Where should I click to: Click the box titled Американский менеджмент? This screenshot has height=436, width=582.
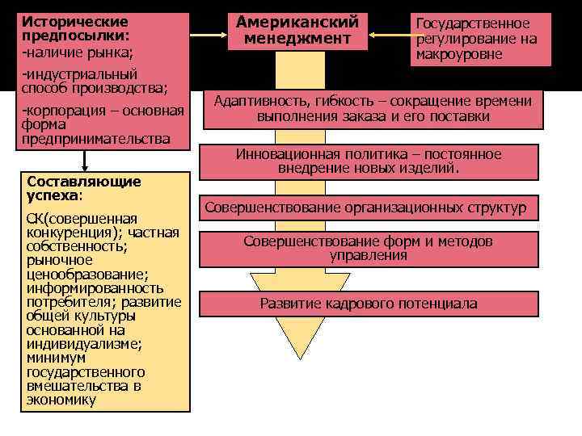pyautogui.click(x=297, y=31)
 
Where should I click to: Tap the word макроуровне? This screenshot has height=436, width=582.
pyautogui.click(x=458, y=55)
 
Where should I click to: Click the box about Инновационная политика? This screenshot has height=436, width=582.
pyautogui.click(x=369, y=161)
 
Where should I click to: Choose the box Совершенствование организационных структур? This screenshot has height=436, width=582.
pyautogui.click(x=365, y=208)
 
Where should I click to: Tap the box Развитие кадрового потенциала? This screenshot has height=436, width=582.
pyautogui.click(x=369, y=304)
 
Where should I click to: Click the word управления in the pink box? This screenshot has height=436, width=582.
pyautogui.click(x=369, y=256)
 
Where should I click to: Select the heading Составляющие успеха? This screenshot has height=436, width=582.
pyautogui.click(x=83, y=188)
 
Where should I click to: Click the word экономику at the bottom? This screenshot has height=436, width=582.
pyautogui.click(x=61, y=399)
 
